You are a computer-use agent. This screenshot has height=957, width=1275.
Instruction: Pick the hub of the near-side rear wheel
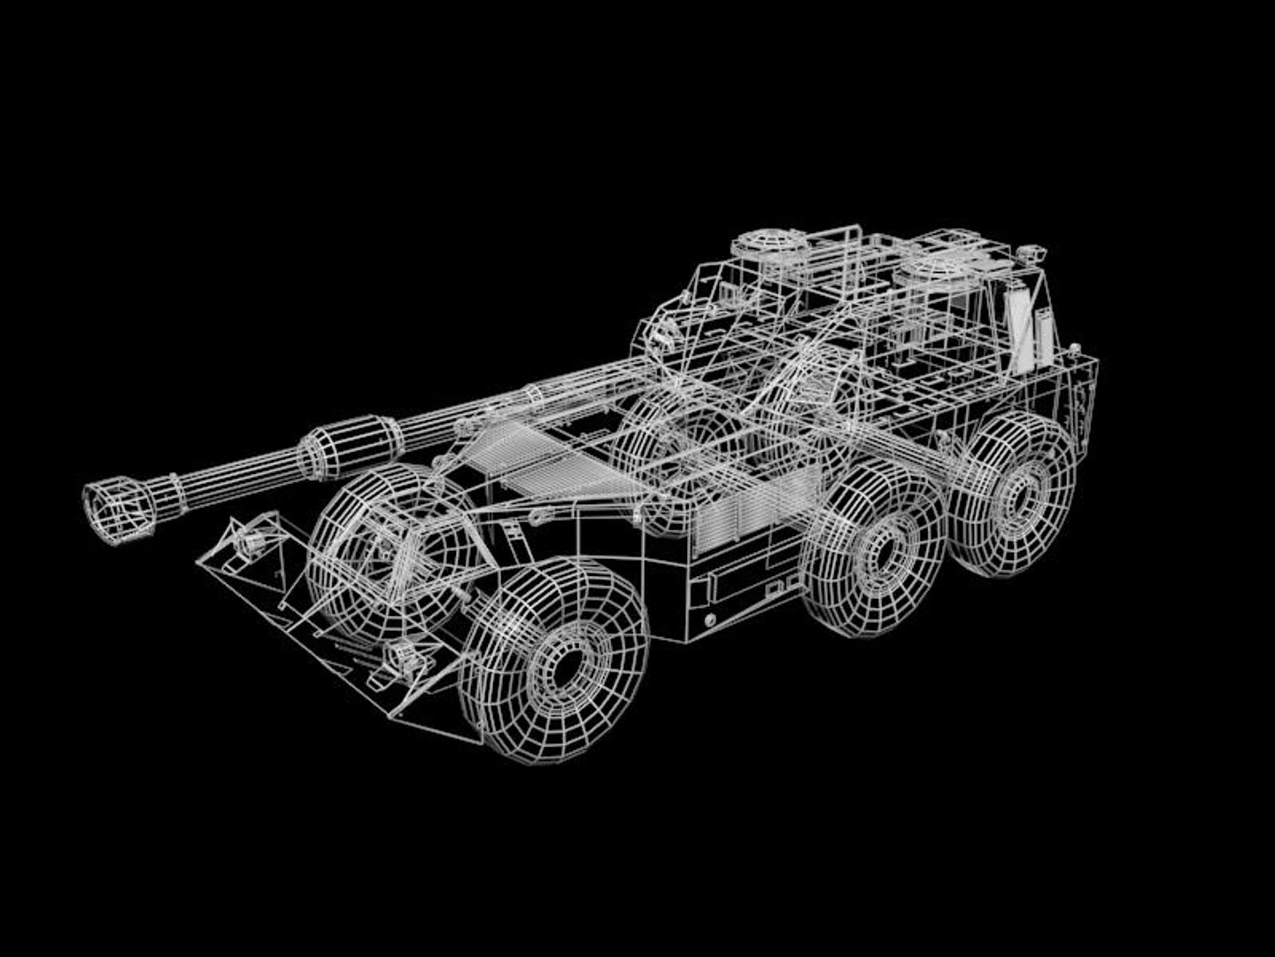[1022, 493]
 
